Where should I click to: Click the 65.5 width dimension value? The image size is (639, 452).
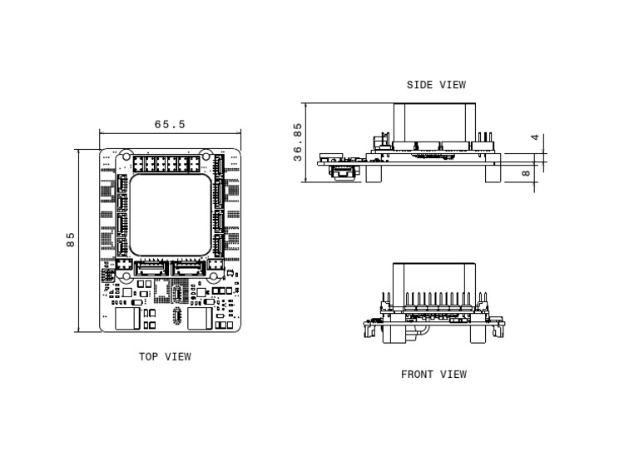pyautogui.click(x=170, y=125)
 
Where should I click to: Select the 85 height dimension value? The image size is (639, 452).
pyautogui.click(x=71, y=240)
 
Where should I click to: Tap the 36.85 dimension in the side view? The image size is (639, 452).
pyautogui.click(x=298, y=142)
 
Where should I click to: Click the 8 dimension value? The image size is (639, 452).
pyautogui.click(x=525, y=174)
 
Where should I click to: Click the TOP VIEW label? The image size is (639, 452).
pyautogui.click(x=165, y=357)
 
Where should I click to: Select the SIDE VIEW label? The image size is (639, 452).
pyautogui.click(x=436, y=85)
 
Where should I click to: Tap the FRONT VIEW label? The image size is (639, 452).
pyautogui.click(x=433, y=375)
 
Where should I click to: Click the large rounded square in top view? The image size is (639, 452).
pyautogui.click(x=171, y=215)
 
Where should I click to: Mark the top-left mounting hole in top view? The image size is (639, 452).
pyautogui.click(x=125, y=156)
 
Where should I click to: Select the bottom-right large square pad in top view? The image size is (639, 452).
pyautogui.click(x=200, y=320)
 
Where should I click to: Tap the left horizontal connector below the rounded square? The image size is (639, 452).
pyautogui.click(x=151, y=268)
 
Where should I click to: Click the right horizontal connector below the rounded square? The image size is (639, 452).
pyautogui.click(x=190, y=268)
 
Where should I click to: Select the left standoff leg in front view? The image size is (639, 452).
pyautogui.click(x=390, y=334)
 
